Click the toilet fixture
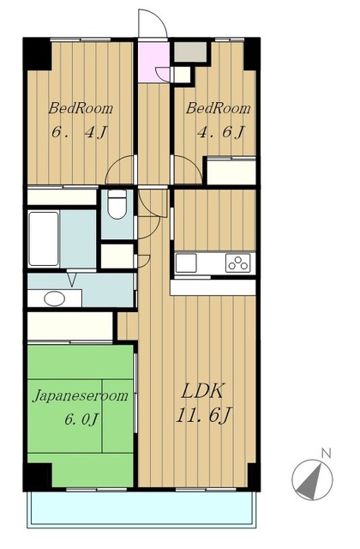click(x=117, y=204)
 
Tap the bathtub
click(x=44, y=238)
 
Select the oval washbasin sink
click(x=55, y=299)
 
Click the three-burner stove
click(x=238, y=262)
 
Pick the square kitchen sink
click(x=186, y=263)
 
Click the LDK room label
click(x=202, y=391)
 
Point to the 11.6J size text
click(x=204, y=415)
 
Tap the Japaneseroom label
click(x=81, y=396)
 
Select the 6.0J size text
click(x=82, y=419)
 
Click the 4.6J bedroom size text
click(x=220, y=132)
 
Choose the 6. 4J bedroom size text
click(x=79, y=132)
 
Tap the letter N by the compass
click(x=326, y=454)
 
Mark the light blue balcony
click(x=141, y=508)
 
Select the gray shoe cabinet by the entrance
click(x=190, y=51)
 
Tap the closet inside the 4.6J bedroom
click(x=231, y=172)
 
